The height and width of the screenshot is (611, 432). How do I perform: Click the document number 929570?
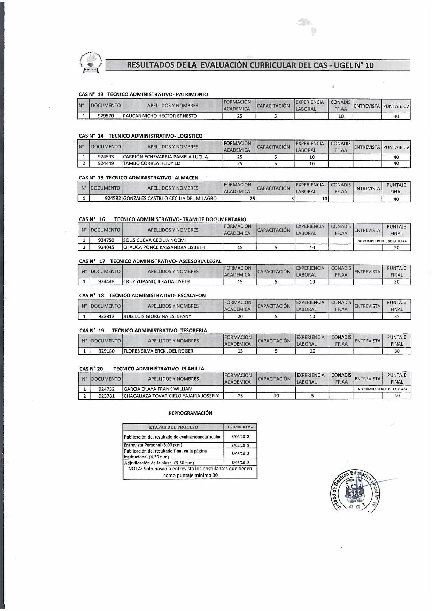[106, 116]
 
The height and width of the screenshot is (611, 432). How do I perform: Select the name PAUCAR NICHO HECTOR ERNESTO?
[160, 116]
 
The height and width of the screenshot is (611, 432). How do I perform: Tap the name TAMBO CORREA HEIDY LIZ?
[152, 163]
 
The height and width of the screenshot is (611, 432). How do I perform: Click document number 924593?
[106, 157]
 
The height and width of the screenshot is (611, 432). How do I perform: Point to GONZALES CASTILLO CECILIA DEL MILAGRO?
[170, 199]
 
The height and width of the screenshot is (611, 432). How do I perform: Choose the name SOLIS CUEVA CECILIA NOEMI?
[155, 240]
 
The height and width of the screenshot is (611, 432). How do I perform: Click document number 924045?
[106, 247]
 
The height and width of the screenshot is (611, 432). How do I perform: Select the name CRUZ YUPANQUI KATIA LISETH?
[157, 282]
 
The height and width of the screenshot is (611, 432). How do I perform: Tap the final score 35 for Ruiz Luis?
[396, 317]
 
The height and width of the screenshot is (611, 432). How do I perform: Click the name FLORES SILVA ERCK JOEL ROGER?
[159, 351]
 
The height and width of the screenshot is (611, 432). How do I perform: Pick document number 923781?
[106, 396]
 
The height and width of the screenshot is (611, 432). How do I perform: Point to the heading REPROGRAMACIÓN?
[190, 413]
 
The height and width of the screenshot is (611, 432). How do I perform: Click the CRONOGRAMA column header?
[240, 427]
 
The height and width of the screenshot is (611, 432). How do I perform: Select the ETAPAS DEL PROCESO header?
[173, 427]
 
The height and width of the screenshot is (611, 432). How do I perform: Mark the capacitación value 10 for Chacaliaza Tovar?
[276, 396]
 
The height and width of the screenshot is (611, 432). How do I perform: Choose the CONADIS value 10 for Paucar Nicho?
[341, 116]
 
